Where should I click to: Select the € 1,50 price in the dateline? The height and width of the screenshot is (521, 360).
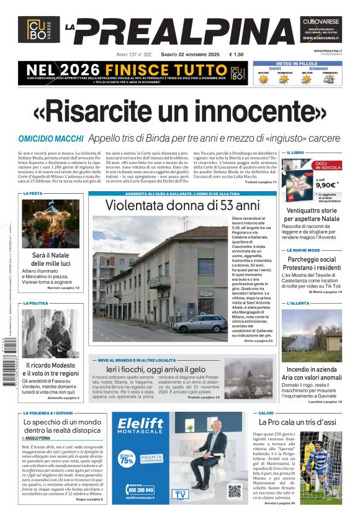point(236,55)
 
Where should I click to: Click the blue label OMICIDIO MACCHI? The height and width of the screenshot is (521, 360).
point(51,138)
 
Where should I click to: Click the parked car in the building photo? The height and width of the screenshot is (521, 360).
point(200,323)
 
